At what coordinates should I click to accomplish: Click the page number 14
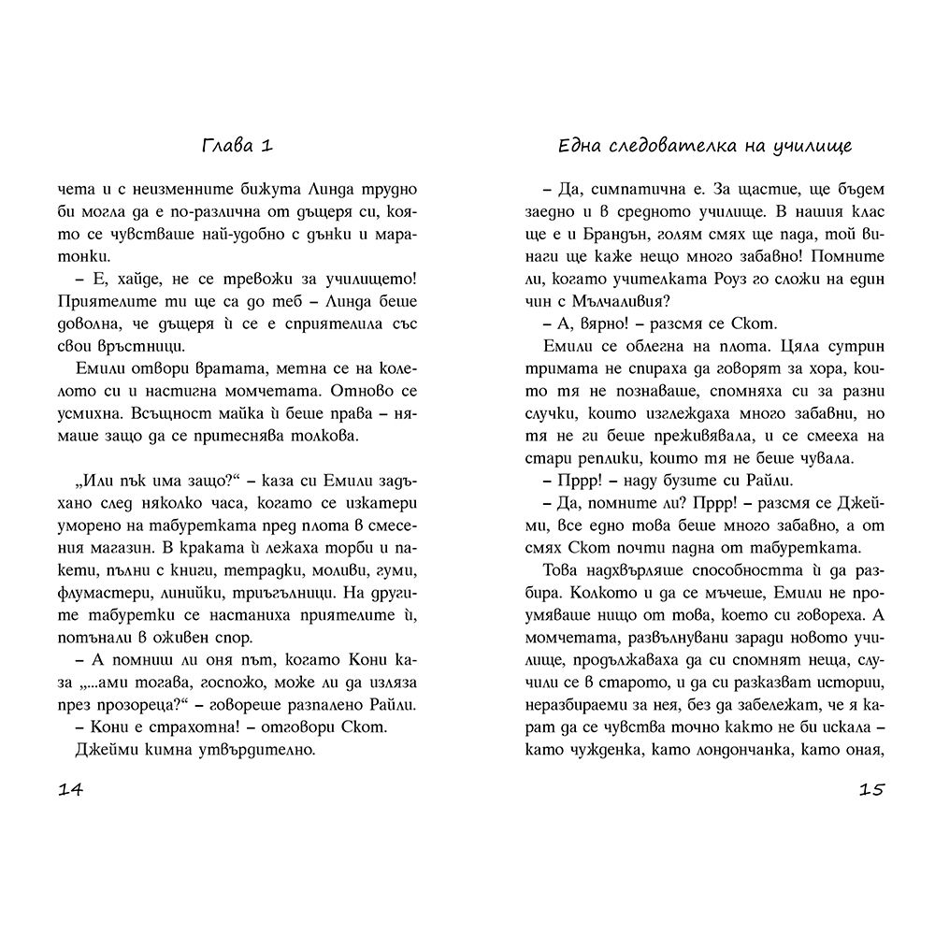pyautogui.click(x=71, y=790)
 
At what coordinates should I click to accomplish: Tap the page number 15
pyautogui.click(x=870, y=790)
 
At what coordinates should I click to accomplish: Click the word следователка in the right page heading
pyautogui.click(x=656, y=146)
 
